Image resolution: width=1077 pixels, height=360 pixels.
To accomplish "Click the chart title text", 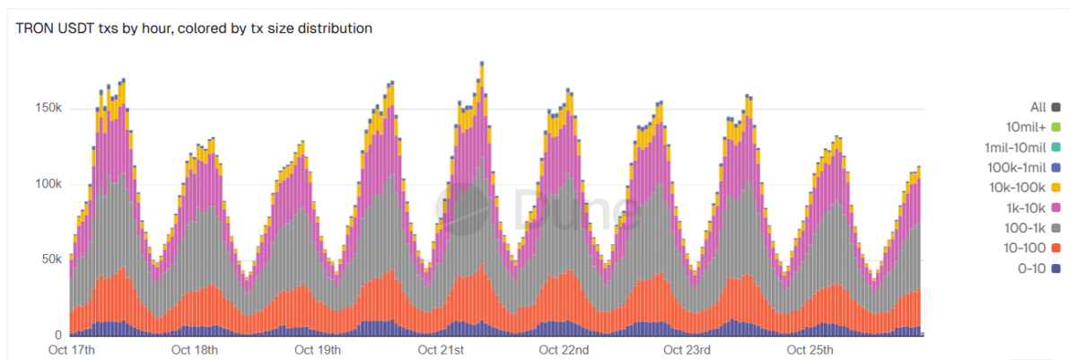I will [194, 29].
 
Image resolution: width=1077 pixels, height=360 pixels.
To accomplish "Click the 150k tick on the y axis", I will [47, 109].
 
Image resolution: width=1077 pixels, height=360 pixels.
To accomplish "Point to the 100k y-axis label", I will [47, 184].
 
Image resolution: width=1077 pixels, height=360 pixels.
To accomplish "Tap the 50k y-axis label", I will [49, 259].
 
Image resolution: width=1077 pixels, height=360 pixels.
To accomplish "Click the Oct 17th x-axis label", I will [72, 349].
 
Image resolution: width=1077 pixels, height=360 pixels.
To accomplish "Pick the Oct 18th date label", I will [195, 349].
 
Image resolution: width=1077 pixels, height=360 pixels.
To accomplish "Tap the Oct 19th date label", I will [318, 349].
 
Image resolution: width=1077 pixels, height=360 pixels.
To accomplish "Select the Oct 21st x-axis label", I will [441, 349].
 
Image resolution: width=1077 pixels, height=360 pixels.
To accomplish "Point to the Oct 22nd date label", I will [565, 349].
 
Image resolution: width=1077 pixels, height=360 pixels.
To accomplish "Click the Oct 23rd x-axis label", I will [687, 349].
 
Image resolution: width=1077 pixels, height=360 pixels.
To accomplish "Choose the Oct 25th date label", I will [810, 349].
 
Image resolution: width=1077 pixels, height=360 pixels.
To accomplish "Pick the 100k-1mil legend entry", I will [1024, 167].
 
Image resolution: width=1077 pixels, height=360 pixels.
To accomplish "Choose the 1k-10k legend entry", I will [1032, 207].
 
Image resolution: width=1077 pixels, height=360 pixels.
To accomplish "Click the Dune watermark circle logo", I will [466, 209].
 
